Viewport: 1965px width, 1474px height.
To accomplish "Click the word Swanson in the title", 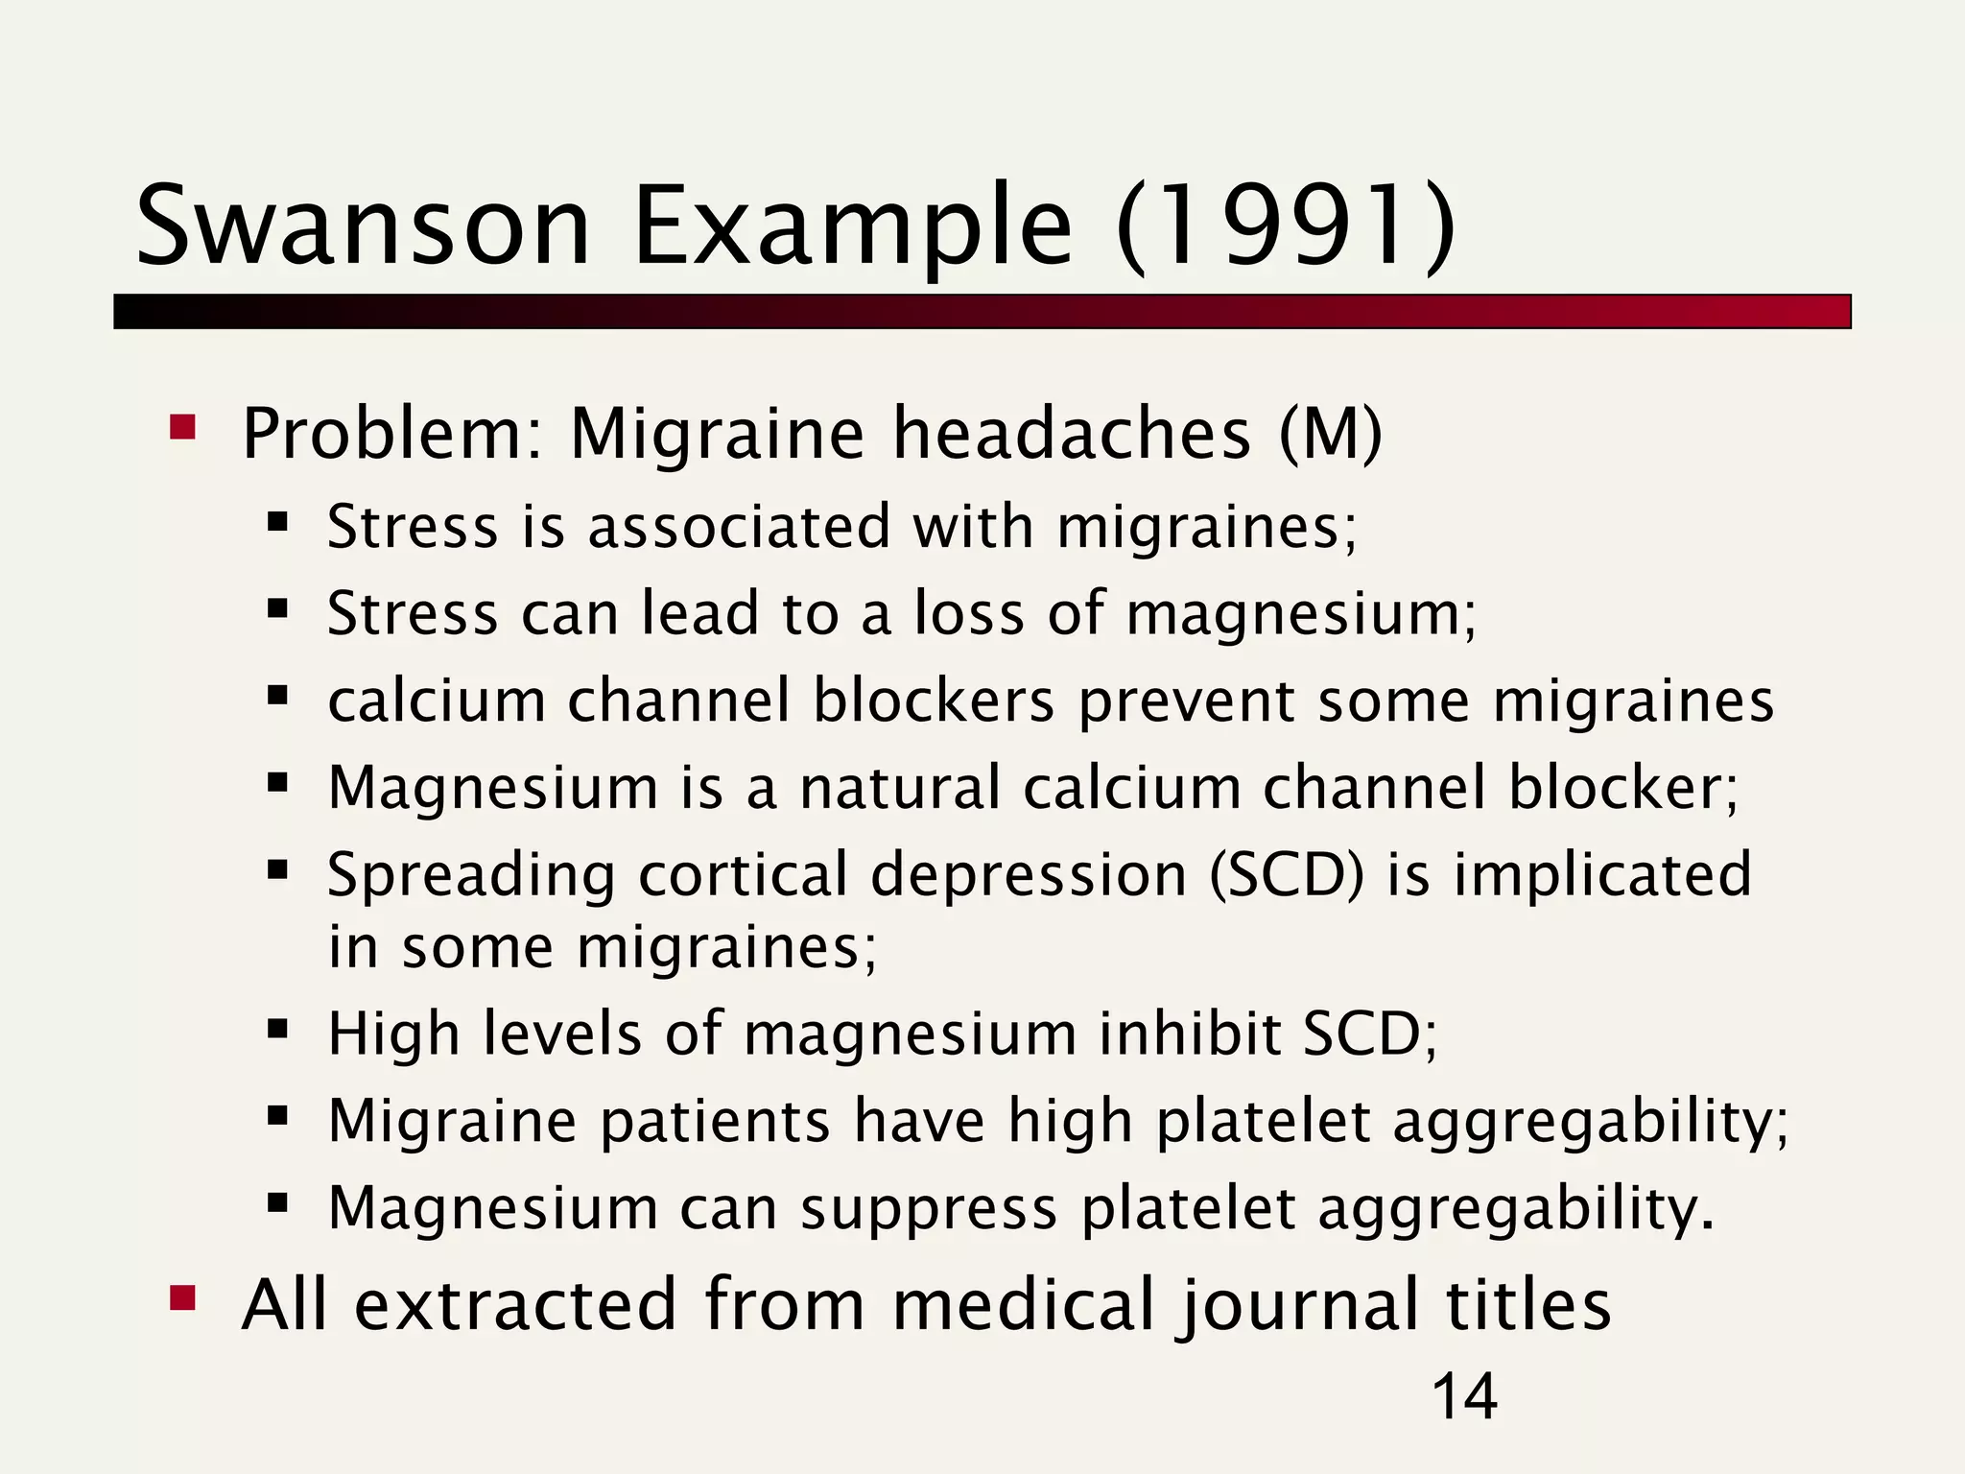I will pos(363,226).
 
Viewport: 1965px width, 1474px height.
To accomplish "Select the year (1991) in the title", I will pos(1286,226).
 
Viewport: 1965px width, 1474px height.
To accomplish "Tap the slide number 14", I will pos(1464,1396).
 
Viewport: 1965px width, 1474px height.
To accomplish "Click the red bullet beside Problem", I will pos(182,427).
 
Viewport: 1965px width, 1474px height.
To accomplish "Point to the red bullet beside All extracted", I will pos(182,1299).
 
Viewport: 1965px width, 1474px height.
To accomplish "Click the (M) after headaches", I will pos(1331,434).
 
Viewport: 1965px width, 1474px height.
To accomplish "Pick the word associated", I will pos(739,527).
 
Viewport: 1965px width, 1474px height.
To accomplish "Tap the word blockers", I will pos(934,701).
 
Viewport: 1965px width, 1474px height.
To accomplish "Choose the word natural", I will pos(900,788).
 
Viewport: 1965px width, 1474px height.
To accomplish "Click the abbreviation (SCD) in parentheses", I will pos(1286,875).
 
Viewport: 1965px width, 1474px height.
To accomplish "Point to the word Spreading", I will pos(471,877).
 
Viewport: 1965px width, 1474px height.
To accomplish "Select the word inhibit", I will pos(1189,1034).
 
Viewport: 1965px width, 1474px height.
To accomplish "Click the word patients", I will pos(715,1122).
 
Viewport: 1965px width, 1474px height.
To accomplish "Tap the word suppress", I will pos(929,1209).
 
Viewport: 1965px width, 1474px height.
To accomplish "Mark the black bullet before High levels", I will pos(278,1031).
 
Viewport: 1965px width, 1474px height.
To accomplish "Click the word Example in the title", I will pos(852,226).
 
